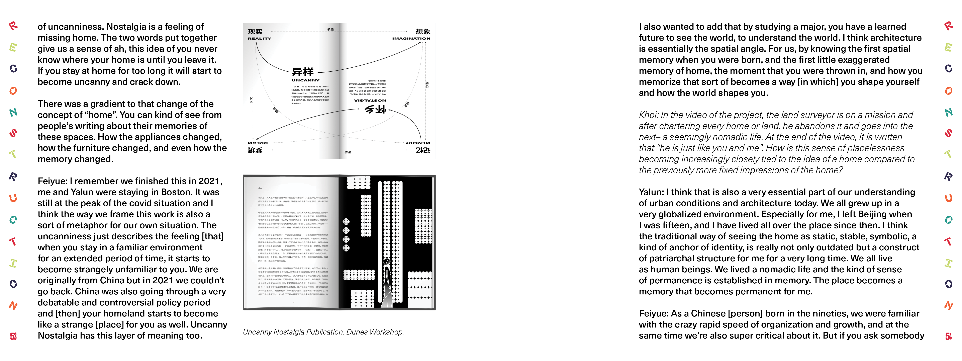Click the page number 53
click(13, 336)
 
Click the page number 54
click(949, 336)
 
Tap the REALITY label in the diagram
click(260, 39)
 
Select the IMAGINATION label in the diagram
click(411, 39)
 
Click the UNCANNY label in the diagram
click(305, 80)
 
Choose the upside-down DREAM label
click(258, 143)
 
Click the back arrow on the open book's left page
click(260, 188)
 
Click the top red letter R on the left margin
click(13, 26)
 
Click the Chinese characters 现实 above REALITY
click(255, 31)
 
